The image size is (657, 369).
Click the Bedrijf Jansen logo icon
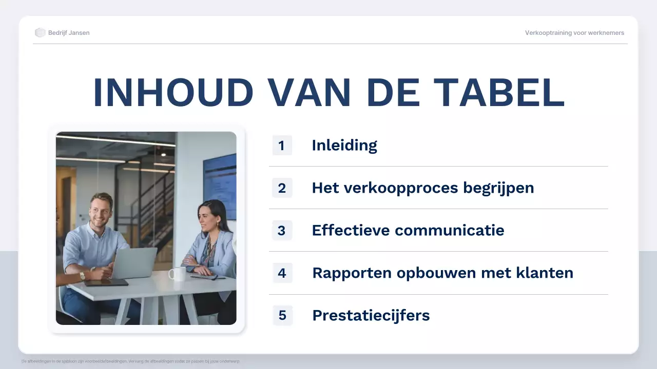[40, 33]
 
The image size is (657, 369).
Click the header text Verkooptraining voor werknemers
[574, 33]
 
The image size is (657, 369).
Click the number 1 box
[282, 146]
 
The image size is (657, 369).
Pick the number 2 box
[282, 188]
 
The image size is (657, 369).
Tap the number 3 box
[282, 231]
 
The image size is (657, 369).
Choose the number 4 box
[282, 273]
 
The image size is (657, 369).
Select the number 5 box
[282, 315]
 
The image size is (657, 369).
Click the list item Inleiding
[344, 146]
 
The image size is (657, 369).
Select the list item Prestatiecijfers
[371, 315]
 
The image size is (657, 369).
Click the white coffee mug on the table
[178, 274]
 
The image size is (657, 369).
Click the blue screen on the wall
[220, 184]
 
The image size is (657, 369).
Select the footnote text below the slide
[131, 361]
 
